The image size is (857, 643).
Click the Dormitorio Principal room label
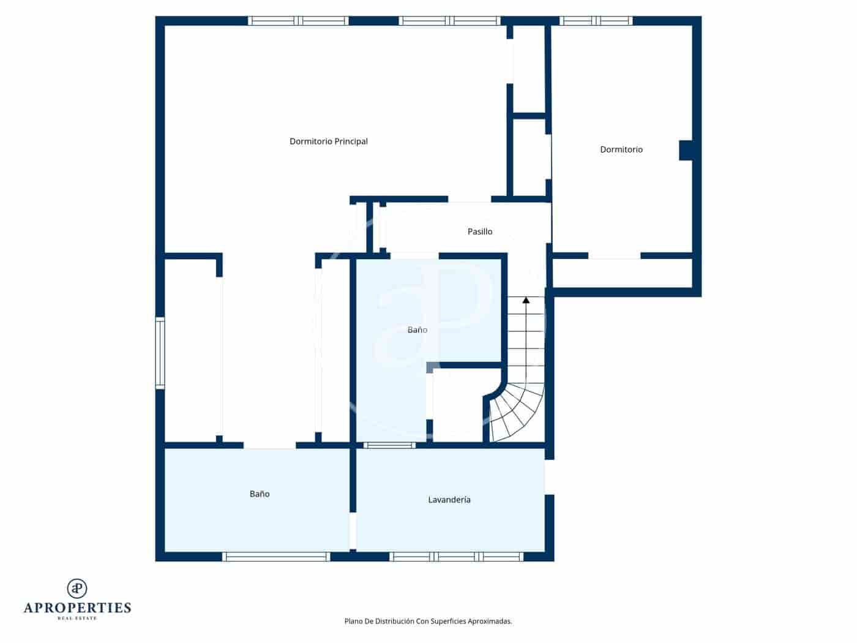pos(329,141)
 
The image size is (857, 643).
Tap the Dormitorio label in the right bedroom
pos(621,149)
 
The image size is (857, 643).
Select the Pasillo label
pos(480,231)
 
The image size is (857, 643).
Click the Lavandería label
pos(449,500)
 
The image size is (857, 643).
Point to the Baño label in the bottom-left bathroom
pos(260,494)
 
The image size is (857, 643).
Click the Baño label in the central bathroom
pos(417,330)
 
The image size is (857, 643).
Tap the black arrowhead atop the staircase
pos(526,300)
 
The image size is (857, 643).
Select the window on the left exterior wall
pos(160,353)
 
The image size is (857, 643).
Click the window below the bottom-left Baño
pos(276,557)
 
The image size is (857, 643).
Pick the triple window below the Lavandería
pos(457,557)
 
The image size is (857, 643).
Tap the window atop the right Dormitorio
pos(597,21)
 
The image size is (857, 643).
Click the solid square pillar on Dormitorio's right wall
pos(686,150)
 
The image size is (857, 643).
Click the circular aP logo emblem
pos(77,588)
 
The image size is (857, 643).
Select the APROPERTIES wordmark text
pos(77,608)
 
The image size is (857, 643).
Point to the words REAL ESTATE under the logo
pos(77,619)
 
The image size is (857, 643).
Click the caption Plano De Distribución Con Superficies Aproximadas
pos(428,621)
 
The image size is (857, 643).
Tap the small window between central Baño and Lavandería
pos(389,445)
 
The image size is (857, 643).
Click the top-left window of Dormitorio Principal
pos(298,21)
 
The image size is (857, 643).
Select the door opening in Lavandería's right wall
pos(549,477)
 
